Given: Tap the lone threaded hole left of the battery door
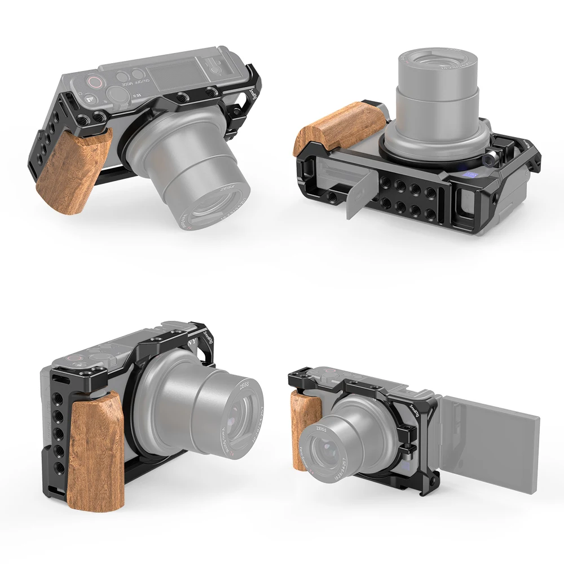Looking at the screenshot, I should (337, 196).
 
